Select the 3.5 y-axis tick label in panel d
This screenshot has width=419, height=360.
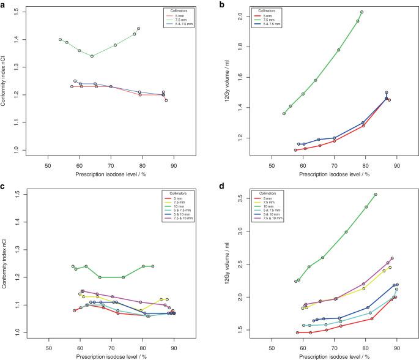[x=235, y=198]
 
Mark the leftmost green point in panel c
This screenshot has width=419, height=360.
[x=73, y=266]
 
